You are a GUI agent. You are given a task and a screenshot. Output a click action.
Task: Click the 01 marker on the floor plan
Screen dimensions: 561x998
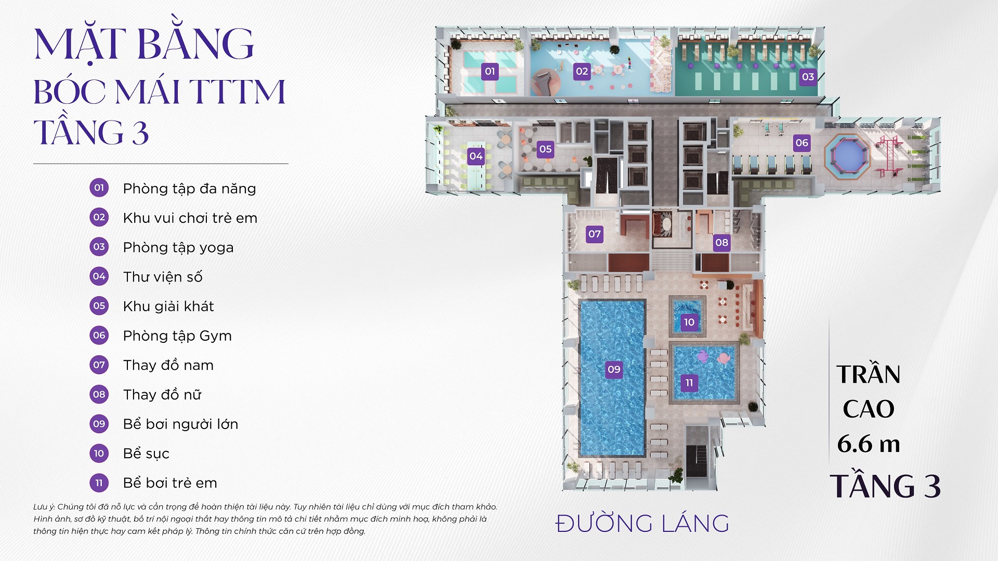490,71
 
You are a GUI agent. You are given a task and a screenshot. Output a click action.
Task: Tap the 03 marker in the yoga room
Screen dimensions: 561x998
808,77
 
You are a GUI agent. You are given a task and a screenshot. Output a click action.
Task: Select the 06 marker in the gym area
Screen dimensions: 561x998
802,143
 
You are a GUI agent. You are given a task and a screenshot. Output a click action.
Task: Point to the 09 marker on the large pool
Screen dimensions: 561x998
614,369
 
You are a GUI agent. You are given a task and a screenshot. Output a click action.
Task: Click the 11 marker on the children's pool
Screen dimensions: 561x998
689,383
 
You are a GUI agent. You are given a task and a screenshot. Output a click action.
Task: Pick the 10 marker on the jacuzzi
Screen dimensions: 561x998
689,322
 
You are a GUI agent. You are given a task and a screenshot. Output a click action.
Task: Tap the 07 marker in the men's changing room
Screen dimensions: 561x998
595,234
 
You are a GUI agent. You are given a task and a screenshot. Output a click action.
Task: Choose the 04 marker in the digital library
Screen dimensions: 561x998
476,156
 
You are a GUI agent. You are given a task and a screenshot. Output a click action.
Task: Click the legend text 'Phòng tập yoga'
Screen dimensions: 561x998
178,247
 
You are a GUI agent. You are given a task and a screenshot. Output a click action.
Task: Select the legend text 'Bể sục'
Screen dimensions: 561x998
146,453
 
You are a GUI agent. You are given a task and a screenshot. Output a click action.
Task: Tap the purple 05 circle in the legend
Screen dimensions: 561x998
99,305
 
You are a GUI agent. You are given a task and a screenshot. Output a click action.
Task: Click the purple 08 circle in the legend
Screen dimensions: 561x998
99,394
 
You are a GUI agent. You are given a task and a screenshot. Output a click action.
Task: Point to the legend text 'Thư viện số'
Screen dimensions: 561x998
163,277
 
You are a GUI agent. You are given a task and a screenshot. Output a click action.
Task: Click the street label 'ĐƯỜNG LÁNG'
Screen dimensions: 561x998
642,524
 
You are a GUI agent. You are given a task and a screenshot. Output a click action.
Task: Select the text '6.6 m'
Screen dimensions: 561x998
868,444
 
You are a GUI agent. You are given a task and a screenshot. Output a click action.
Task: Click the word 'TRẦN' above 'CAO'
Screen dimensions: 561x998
868,374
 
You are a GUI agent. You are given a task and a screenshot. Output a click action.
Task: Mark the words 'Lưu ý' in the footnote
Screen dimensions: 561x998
44,506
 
